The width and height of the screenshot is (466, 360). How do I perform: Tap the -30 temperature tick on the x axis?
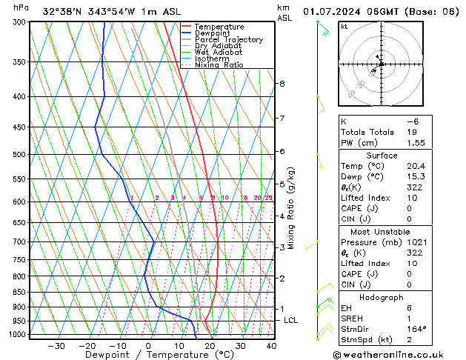[56, 345]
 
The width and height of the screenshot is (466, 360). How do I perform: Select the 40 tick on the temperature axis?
[271, 345]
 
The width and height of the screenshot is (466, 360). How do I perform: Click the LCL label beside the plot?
[291, 320]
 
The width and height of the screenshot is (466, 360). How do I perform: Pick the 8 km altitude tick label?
[282, 84]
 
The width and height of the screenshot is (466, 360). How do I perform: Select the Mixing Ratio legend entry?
[219, 65]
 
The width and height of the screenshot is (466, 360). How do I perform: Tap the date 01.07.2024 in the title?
[338, 11]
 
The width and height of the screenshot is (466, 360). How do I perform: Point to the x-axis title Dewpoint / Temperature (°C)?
[149, 355]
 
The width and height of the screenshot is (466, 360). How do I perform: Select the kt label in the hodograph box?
[344, 27]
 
